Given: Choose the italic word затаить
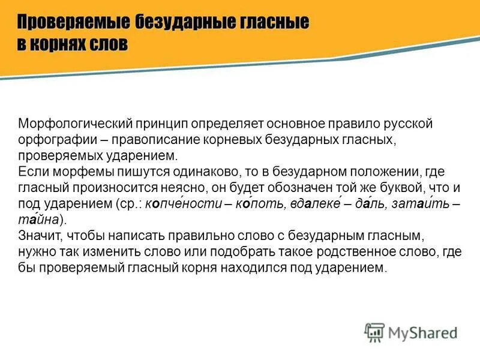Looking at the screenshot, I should pyautogui.click(x=420, y=204).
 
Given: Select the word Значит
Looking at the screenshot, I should pyautogui.click(x=40, y=236).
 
